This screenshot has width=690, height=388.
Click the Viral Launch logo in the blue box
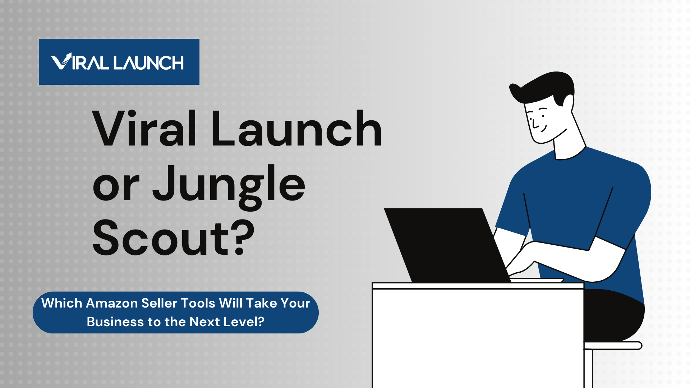(x=119, y=62)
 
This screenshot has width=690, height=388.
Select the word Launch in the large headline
(x=296, y=129)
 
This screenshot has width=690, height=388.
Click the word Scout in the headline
(x=160, y=239)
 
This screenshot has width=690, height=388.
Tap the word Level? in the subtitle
(x=244, y=322)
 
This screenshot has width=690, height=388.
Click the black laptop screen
(x=446, y=244)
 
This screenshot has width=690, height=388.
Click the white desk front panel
(x=478, y=338)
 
